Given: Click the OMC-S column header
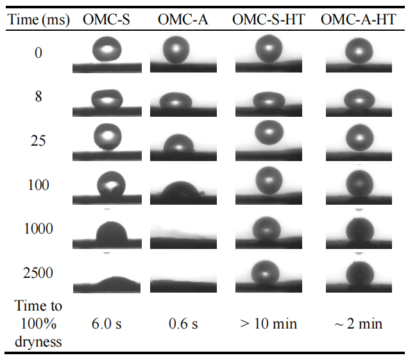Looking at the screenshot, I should pos(106,19).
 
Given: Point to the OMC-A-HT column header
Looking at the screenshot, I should pos(358,19).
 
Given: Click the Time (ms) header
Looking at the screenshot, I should pos(39,19).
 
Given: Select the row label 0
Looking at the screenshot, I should pos(38,53).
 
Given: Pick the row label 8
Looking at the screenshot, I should pos(38,96).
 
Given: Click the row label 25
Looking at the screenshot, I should pos(38,141).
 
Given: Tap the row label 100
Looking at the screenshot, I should pos(38,185).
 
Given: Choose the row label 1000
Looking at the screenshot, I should pos(38,229).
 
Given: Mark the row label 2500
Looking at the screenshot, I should pos(38,273).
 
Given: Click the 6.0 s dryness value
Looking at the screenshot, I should pos(106,324).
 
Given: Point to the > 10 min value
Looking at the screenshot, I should pos(268,324).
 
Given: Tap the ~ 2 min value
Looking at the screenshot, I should pos(358,324).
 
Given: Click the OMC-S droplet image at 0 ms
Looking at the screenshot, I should pos(106,50).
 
